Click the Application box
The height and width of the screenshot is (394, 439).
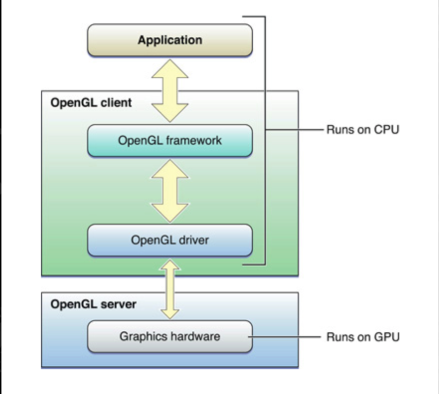pos(170,40)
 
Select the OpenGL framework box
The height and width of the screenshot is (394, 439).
pos(170,140)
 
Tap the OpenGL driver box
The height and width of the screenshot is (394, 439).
pos(170,240)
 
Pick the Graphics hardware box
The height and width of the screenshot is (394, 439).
pos(170,336)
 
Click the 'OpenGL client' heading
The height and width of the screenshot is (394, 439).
pos(91,103)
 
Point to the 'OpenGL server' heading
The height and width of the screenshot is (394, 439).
pos(93,305)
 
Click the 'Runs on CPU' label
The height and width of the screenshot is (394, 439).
pos(363,130)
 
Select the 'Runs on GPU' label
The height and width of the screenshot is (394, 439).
pos(363,336)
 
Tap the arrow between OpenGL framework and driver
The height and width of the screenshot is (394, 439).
pos(170,190)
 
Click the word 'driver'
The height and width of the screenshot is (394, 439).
pos(193,240)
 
